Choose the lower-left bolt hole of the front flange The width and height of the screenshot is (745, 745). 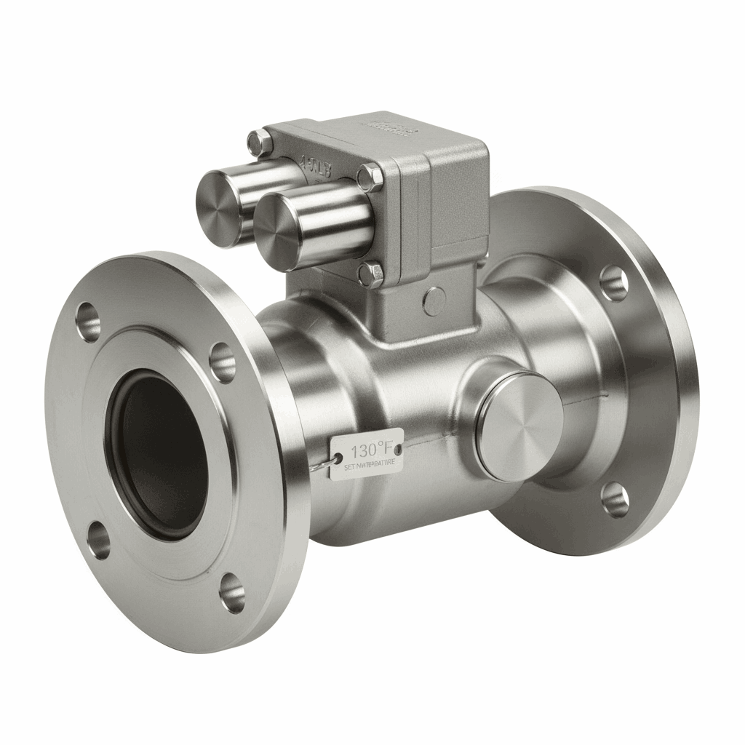point(99,541)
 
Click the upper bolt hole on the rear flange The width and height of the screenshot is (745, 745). point(613,282)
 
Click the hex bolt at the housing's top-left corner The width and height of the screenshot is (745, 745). point(256,142)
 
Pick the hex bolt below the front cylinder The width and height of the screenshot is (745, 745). point(372,274)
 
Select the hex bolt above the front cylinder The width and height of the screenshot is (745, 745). point(370,177)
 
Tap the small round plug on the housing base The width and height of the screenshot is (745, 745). point(434,300)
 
